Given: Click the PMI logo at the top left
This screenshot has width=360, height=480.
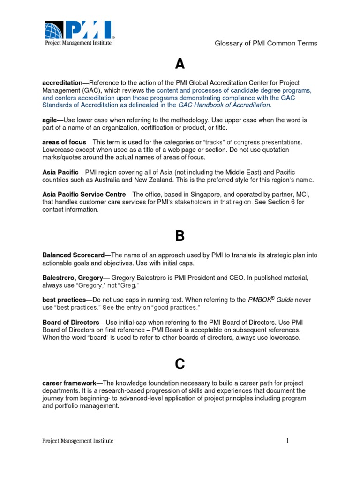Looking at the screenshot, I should click(x=79, y=33).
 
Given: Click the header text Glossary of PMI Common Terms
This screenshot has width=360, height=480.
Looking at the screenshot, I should click(x=266, y=43).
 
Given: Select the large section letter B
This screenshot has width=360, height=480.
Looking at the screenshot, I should click(x=180, y=236).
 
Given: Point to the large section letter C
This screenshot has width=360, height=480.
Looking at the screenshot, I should click(x=180, y=363).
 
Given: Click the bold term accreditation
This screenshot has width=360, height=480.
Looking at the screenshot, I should click(x=62, y=83).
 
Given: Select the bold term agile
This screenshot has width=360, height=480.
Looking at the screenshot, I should click(x=50, y=120).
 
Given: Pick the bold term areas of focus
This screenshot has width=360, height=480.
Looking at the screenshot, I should click(x=64, y=142).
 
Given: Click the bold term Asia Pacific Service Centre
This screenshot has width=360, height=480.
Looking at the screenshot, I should click(x=84, y=195).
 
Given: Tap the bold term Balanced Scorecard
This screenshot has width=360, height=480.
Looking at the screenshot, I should click(x=73, y=255).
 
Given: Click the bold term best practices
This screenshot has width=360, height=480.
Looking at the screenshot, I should click(x=64, y=300).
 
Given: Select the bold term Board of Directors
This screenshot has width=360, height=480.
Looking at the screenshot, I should click(x=71, y=322).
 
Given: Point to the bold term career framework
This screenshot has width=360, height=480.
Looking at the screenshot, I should click(x=69, y=383).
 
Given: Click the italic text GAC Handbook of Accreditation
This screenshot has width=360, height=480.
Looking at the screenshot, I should click(x=221, y=105).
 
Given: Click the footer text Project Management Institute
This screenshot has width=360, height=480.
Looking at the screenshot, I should click(x=78, y=441).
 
